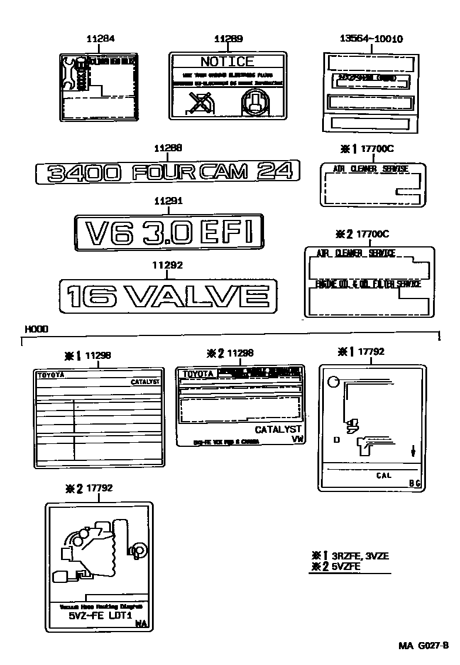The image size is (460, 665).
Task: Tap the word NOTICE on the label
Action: click(x=227, y=62)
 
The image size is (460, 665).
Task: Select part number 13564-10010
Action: click(x=371, y=39)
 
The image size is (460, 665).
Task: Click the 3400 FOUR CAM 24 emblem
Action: click(x=168, y=171)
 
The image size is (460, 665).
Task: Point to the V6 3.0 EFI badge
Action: click(x=169, y=232)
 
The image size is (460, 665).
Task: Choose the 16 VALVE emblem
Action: click(x=168, y=297)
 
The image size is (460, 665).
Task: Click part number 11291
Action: click(x=168, y=201)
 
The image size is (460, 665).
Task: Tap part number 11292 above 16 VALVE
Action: click(x=168, y=265)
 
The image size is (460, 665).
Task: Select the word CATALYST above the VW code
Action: click(x=278, y=430)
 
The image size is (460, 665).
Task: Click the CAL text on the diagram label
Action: click(x=383, y=476)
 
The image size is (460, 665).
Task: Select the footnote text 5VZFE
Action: click(x=346, y=566)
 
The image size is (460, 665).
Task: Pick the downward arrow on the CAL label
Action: click(x=413, y=451)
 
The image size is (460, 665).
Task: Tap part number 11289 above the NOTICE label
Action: click(x=228, y=39)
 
